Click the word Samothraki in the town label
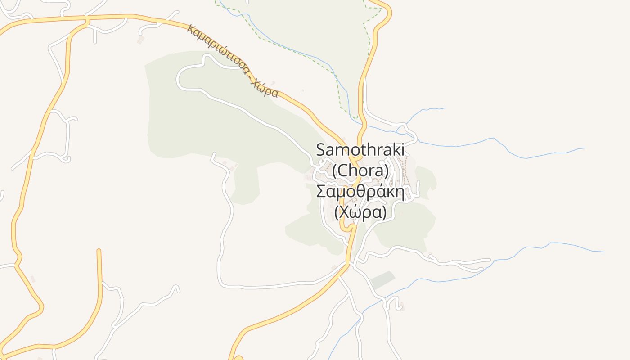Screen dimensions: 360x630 click(x=360, y=150)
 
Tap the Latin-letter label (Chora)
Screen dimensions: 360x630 click(x=360, y=171)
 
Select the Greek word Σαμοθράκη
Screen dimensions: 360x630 click(x=360, y=191)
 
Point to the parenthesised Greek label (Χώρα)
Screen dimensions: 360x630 click(x=360, y=212)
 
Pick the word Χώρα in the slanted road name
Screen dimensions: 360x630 click(x=265, y=88)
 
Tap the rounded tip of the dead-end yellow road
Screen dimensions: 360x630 click(x=99, y=251)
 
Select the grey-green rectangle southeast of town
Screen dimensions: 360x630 click(x=382, y=279)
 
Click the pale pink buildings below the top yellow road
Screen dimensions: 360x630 click(x=141, y=40)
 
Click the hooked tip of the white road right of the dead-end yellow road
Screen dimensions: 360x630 click(x=177, y=286)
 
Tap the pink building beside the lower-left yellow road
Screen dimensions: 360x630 click(x=32, y=279)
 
